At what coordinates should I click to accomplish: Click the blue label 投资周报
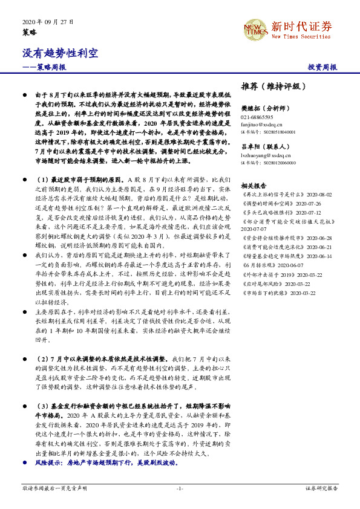click(x=322, y=67)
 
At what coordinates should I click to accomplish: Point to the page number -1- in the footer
click(x=180, y=488)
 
